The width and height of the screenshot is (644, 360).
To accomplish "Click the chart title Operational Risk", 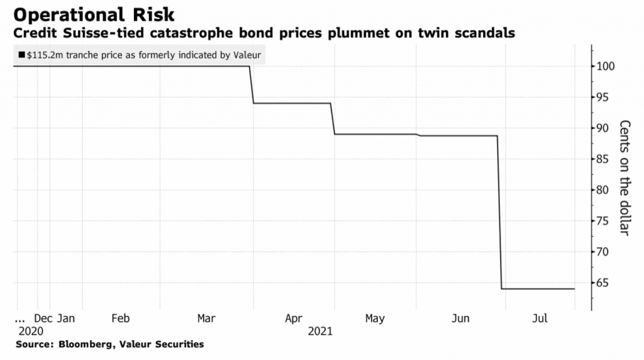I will click(89, 14).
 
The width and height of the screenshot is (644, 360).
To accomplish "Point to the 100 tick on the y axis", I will click(607, 67).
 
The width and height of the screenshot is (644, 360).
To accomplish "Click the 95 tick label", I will click(604, 98).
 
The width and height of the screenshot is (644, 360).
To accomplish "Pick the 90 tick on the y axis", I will click(604, 128).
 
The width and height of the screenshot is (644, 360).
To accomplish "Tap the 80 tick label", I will click(604, 190).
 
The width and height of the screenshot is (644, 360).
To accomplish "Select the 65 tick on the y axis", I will click(604, 283).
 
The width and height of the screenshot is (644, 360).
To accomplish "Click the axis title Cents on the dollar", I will click(624, 177).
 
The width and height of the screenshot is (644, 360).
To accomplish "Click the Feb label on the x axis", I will click(121, 318).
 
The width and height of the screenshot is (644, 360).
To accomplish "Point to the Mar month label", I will click(206, 318).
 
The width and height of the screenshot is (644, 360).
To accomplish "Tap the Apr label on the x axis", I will click(293, 318).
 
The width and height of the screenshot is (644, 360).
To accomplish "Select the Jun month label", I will click(461, 318).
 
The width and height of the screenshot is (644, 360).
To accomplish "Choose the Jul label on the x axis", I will click(539, 318).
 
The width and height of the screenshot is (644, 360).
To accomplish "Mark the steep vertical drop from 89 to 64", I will click(499, 214).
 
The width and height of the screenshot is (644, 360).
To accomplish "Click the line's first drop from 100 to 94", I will click(252, 85).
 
